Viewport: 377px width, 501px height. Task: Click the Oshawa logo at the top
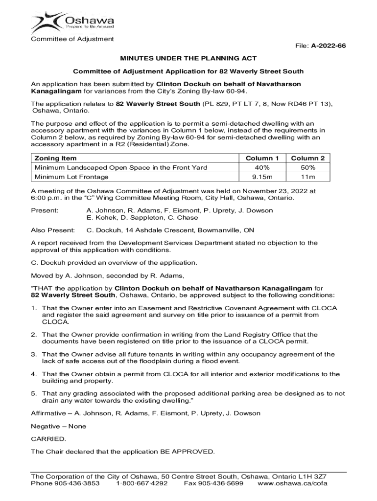[x=72, y=22]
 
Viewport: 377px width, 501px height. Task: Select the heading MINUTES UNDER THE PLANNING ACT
[x=188, y=58]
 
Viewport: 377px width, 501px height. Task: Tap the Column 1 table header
[x=262, y=158]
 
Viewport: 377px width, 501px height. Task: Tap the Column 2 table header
[x=308, y=158]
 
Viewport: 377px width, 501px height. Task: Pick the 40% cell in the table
[x=262, y=167]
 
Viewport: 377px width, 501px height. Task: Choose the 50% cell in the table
[x=308, y=167]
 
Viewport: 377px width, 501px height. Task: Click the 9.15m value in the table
[x=262, y=177]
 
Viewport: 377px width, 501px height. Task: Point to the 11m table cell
[x=308, y=177]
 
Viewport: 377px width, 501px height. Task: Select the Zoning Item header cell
[x=55, y=158]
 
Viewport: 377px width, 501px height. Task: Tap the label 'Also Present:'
[x=53, y=230]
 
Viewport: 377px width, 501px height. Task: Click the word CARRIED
[x=48, y=439]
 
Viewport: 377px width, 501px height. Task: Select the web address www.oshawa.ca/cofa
[x=292, y=483]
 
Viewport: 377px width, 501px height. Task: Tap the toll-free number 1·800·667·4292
[x=142, y=483]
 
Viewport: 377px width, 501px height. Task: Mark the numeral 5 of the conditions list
[x=33, y=393]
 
